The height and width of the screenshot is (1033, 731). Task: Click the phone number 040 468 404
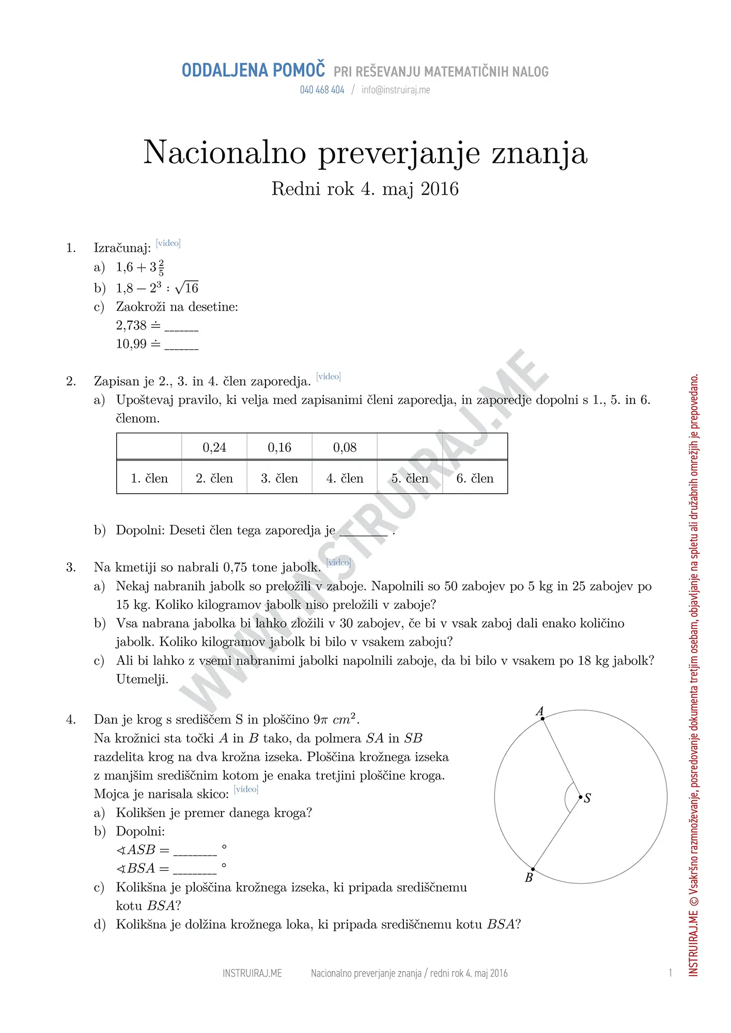coord(322,90)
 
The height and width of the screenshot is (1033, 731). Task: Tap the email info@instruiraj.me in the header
coord(396,90)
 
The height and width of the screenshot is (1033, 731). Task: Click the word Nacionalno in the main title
coord(225,153)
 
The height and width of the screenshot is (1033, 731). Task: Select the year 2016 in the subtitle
coord(440,189)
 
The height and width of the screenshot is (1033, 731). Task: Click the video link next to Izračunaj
coord(168,243)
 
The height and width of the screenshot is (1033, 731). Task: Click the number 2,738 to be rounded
coord(131,325)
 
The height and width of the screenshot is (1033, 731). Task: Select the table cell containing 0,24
coord(214,447)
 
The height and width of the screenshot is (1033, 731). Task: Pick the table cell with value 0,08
coord(345,447)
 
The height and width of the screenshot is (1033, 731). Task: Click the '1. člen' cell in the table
coord(149,479)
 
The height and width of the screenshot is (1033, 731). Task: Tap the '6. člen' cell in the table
coord(475,479)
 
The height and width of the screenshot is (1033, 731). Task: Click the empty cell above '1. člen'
coord(149,447)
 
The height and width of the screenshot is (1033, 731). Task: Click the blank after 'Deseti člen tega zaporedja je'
coord(364,532)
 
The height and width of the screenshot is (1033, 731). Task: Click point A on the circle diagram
coord(542,718)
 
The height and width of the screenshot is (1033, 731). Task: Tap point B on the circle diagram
coord(533,869)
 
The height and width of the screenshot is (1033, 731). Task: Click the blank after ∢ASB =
coord(195,851)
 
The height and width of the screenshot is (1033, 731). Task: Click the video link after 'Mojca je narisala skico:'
coord(246,789)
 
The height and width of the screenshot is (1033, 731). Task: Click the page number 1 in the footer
coord(671,973)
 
